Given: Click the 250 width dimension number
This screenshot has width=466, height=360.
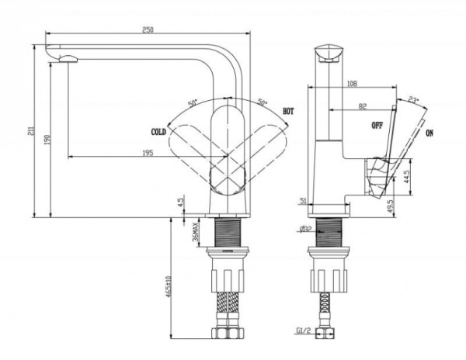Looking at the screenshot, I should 147,29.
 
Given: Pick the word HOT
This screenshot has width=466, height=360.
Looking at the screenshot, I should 288,112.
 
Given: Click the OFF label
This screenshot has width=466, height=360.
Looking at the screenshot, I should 377,125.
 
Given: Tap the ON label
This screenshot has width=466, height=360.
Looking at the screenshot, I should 429,133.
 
